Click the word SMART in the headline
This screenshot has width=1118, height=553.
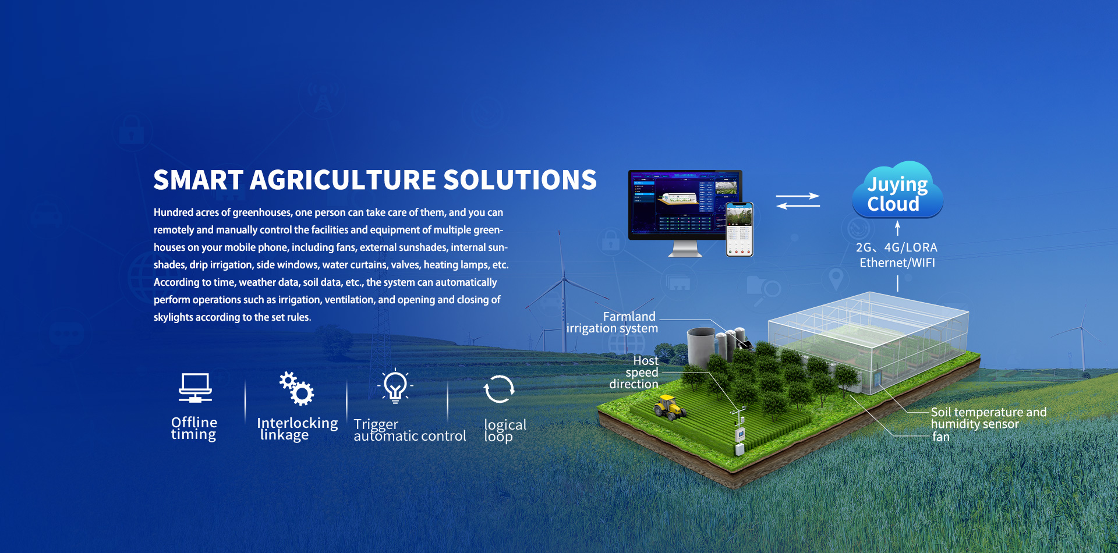198,180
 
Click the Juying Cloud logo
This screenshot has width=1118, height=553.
897,190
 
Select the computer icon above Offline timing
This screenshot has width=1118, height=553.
195,388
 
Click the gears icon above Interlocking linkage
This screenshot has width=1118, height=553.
296,388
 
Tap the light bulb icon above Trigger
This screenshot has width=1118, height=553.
395,386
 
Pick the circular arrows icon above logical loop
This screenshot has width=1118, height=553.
499,389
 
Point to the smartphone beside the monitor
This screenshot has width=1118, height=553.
740,229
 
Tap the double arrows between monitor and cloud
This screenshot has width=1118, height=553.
798,201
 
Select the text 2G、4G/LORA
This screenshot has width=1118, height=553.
897,247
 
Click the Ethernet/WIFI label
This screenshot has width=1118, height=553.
897,263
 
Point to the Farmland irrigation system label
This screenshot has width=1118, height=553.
613,322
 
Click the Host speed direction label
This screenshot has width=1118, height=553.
634,373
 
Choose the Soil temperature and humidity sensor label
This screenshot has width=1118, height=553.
989,418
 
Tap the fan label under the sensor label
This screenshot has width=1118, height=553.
941,437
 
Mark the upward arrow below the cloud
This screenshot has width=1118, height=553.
897,228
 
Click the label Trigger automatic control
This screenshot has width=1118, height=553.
410,431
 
